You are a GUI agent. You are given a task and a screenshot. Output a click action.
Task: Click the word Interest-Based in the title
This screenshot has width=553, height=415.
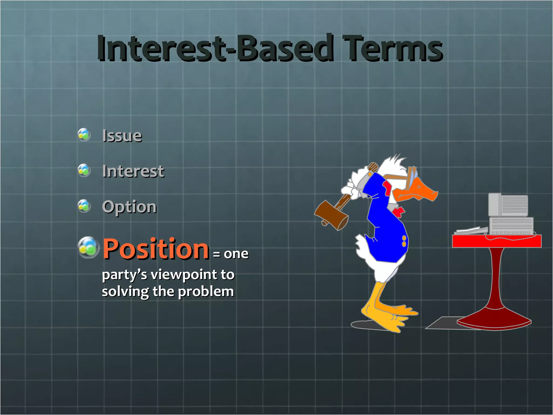tap(215, 49)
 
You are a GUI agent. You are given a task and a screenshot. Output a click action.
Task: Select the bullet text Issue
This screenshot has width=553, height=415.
tap(122, 135)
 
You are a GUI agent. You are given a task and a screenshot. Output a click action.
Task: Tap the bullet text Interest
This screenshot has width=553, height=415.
tap(133, 171)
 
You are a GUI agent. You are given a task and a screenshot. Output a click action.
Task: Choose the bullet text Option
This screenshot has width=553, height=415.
tap(129, 207)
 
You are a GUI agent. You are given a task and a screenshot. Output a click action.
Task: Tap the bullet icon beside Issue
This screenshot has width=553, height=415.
tap(84, 135)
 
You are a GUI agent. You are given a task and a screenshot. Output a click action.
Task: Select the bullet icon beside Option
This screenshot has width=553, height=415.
tap(84, 206)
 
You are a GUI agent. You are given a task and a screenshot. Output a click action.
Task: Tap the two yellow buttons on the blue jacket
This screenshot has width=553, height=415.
tap(404, 241)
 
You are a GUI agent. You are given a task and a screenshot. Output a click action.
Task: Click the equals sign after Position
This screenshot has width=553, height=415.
tap(216, 254)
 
